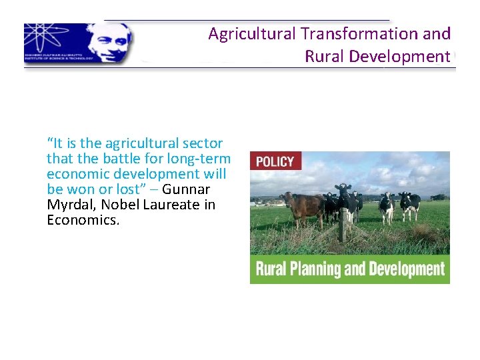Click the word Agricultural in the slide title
point(252,34)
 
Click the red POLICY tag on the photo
point(275,161)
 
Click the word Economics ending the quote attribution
point(83,220)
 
